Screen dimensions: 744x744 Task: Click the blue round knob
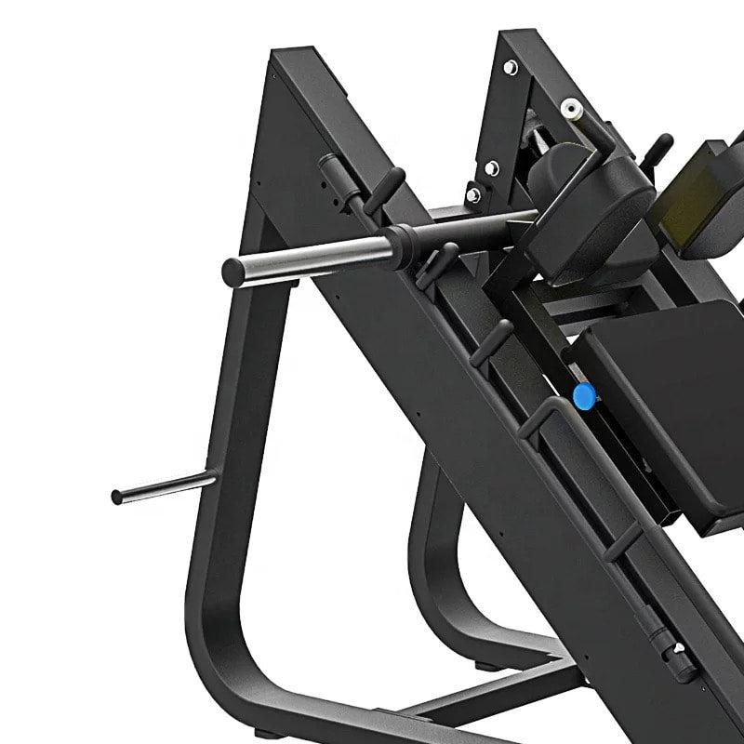pyautogui.click(x=583, y=397)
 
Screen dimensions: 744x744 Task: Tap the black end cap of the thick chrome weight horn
pyautogui.click(x=232, y=271)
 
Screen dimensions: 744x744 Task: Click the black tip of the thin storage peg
pyautogui.click(x=117, y=497)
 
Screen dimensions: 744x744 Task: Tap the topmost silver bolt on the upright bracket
pyautogui.click(x=511, y=67)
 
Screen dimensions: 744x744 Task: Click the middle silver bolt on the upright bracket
pyautogui.click(x=492, y=167)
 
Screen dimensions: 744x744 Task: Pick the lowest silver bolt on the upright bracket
pyautogui.click(x=474, y=194)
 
